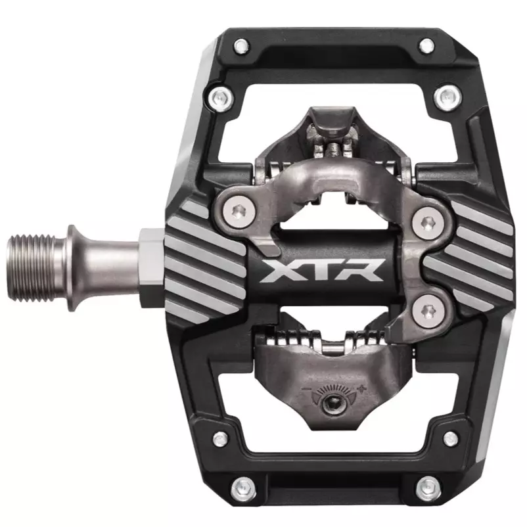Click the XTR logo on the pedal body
point(321,270)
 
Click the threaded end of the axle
point(31,268)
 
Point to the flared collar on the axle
point(75,268)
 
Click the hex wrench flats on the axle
point(151,268)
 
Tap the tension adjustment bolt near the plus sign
point(334,402)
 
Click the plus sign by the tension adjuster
point(361,390)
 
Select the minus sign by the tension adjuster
point(306,389)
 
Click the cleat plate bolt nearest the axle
point(239,211)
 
